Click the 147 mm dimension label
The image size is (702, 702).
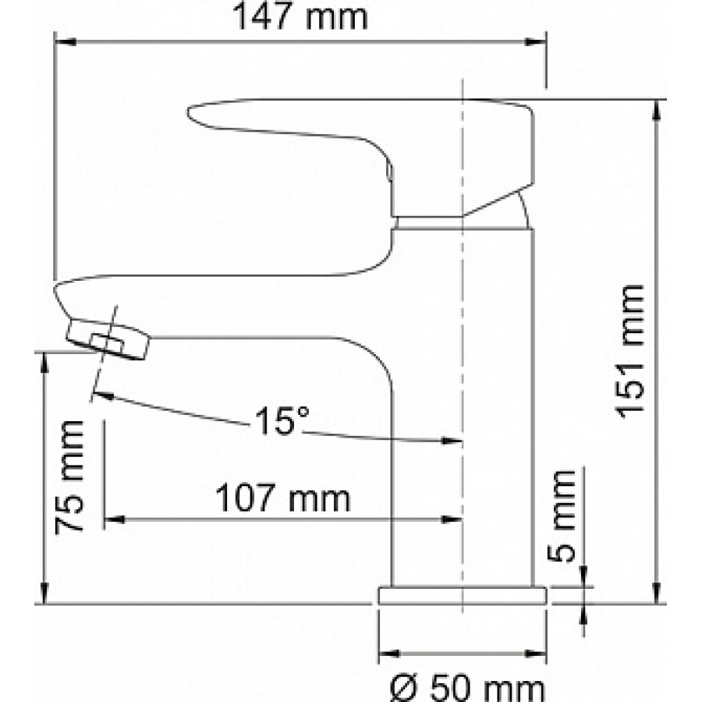pos(300,17)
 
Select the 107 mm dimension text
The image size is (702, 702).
pos(282,498)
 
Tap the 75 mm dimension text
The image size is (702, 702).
pos(69,477)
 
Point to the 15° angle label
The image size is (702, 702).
pos(282,421)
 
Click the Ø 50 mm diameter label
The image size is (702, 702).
pos(467,690)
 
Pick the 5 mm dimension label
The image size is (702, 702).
pos(561,516)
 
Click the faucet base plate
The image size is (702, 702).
pos(462,595)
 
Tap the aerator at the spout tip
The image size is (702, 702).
pos(108,339)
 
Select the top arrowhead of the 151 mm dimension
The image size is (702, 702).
pos(656,110)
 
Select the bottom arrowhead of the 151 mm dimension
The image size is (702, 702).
pos(656,593)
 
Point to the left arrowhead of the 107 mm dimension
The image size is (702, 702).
pos(114,519)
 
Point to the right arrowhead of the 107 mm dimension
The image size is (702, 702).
pos(452,519)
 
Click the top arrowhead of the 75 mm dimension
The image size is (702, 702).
pos(44,363)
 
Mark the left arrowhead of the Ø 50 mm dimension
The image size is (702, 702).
pos(389,654)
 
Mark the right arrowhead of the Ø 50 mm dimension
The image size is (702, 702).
pos(535,654)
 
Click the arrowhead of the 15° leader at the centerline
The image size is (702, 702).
pos(452,441)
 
